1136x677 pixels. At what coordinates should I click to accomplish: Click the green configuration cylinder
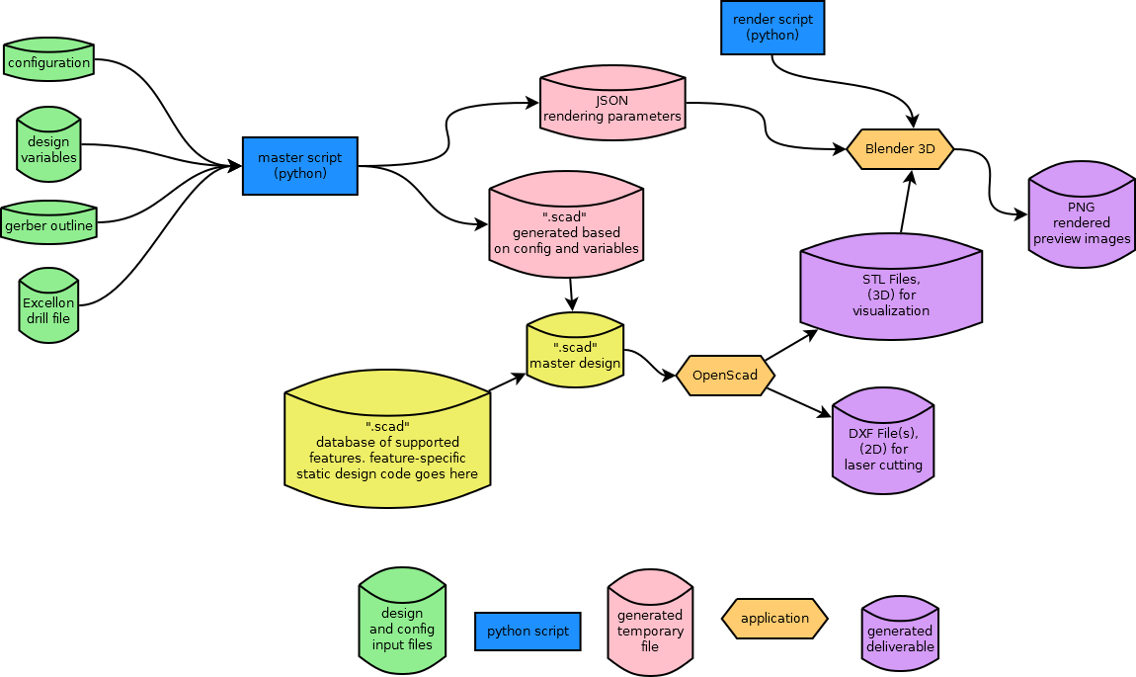(x=48, y=62)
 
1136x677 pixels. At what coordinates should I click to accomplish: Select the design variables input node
(x=48, y=148)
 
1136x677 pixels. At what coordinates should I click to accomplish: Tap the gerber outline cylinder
(x=48, y=225)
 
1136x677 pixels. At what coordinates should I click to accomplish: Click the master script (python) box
(x=299, y=165)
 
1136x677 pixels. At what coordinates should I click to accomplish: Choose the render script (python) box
(x=772, y=27)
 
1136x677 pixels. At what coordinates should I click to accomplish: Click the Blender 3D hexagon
(x=900, y=149)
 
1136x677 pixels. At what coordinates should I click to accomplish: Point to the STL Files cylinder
(x=891, y=292)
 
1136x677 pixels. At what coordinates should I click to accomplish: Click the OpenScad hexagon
(x=725, y=376)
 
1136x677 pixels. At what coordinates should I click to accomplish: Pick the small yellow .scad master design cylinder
(x=575, y=354)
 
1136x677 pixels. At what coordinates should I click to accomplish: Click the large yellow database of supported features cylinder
(x=387, y=445)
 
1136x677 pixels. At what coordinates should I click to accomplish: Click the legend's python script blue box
(x=527, y=631)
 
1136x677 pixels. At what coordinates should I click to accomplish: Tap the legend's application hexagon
(x=774, y=619)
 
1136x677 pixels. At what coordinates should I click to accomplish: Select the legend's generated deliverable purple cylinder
(x=899, y=635)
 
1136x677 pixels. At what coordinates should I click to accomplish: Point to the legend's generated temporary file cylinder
(x=650, y=627)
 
